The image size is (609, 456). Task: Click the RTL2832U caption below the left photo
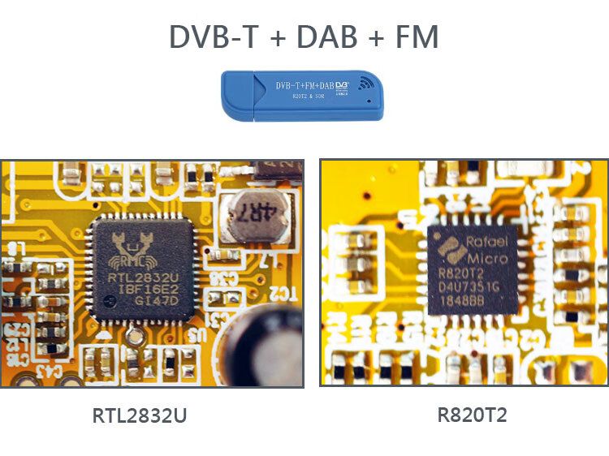(140, 417)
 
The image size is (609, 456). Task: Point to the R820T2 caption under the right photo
(473, 416)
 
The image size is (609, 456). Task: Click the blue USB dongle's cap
(239, 96)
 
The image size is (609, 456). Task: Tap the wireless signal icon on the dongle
(367, 82)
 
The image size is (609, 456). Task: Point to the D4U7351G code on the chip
(470, 286)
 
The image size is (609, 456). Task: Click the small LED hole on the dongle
(369, 101)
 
